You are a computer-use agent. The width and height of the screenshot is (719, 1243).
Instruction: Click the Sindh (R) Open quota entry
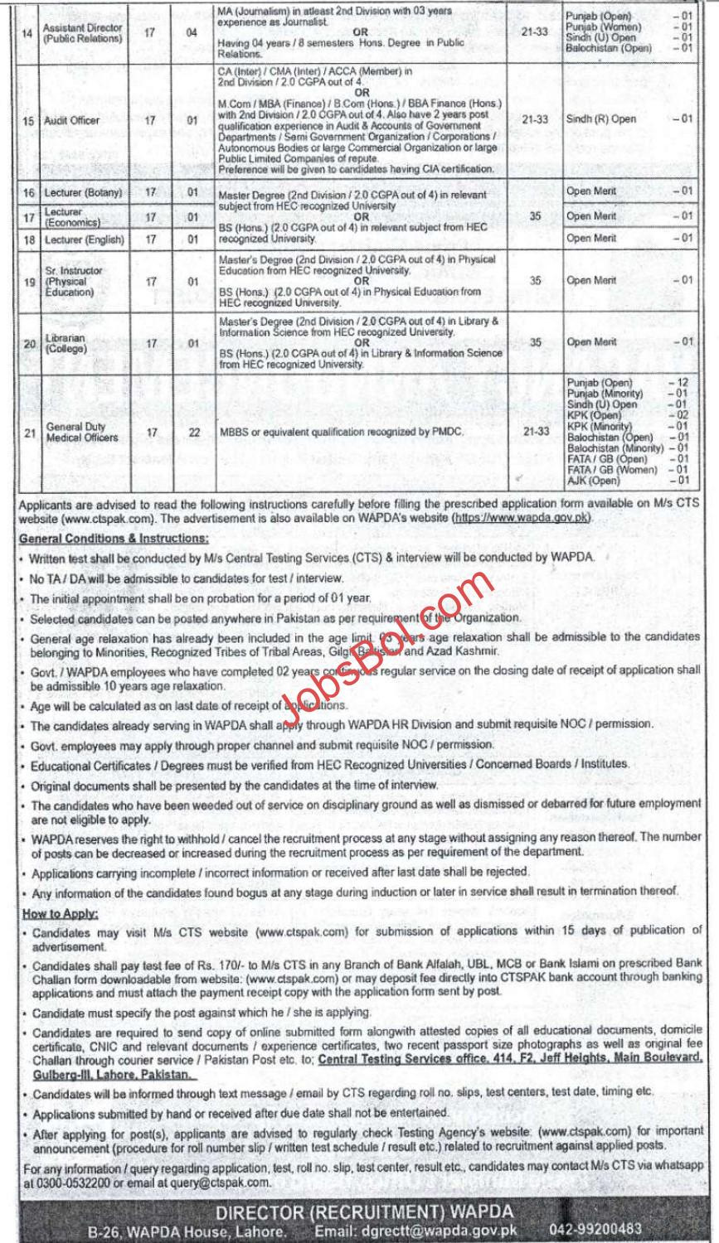coord(601,119)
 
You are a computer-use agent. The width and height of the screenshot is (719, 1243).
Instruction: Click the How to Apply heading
coord(58,913)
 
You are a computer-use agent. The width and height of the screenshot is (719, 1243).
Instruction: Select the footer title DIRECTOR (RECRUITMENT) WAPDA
coord(358,1213)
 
